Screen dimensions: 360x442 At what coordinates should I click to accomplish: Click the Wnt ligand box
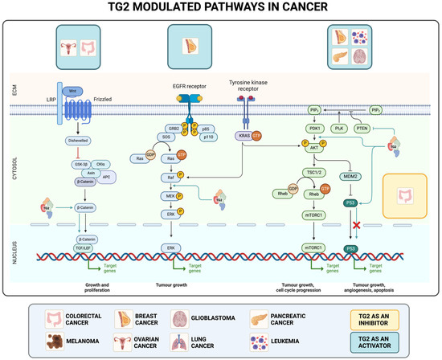[x=73, y=92]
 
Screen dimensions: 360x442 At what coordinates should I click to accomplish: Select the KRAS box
[x=244, y=137]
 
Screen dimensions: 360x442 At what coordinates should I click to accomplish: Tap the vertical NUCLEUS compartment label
[x=9, y=247]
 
